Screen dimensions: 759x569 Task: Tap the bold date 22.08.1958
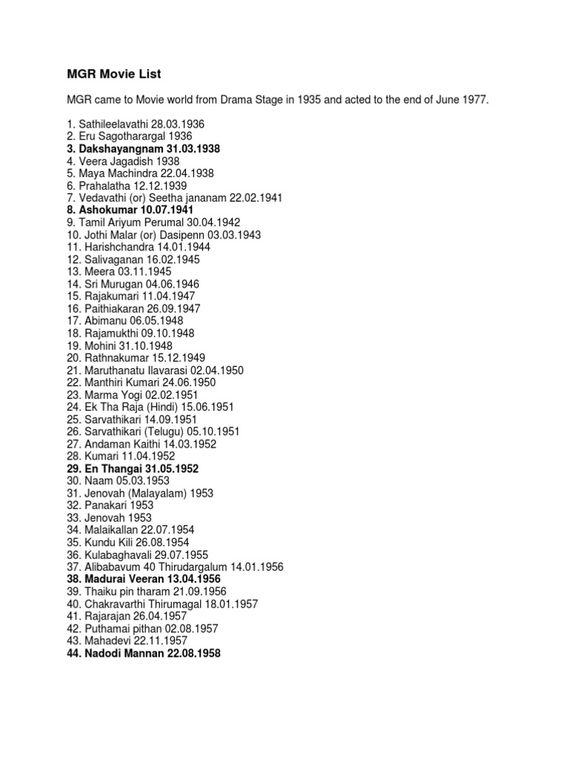(190, 653)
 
